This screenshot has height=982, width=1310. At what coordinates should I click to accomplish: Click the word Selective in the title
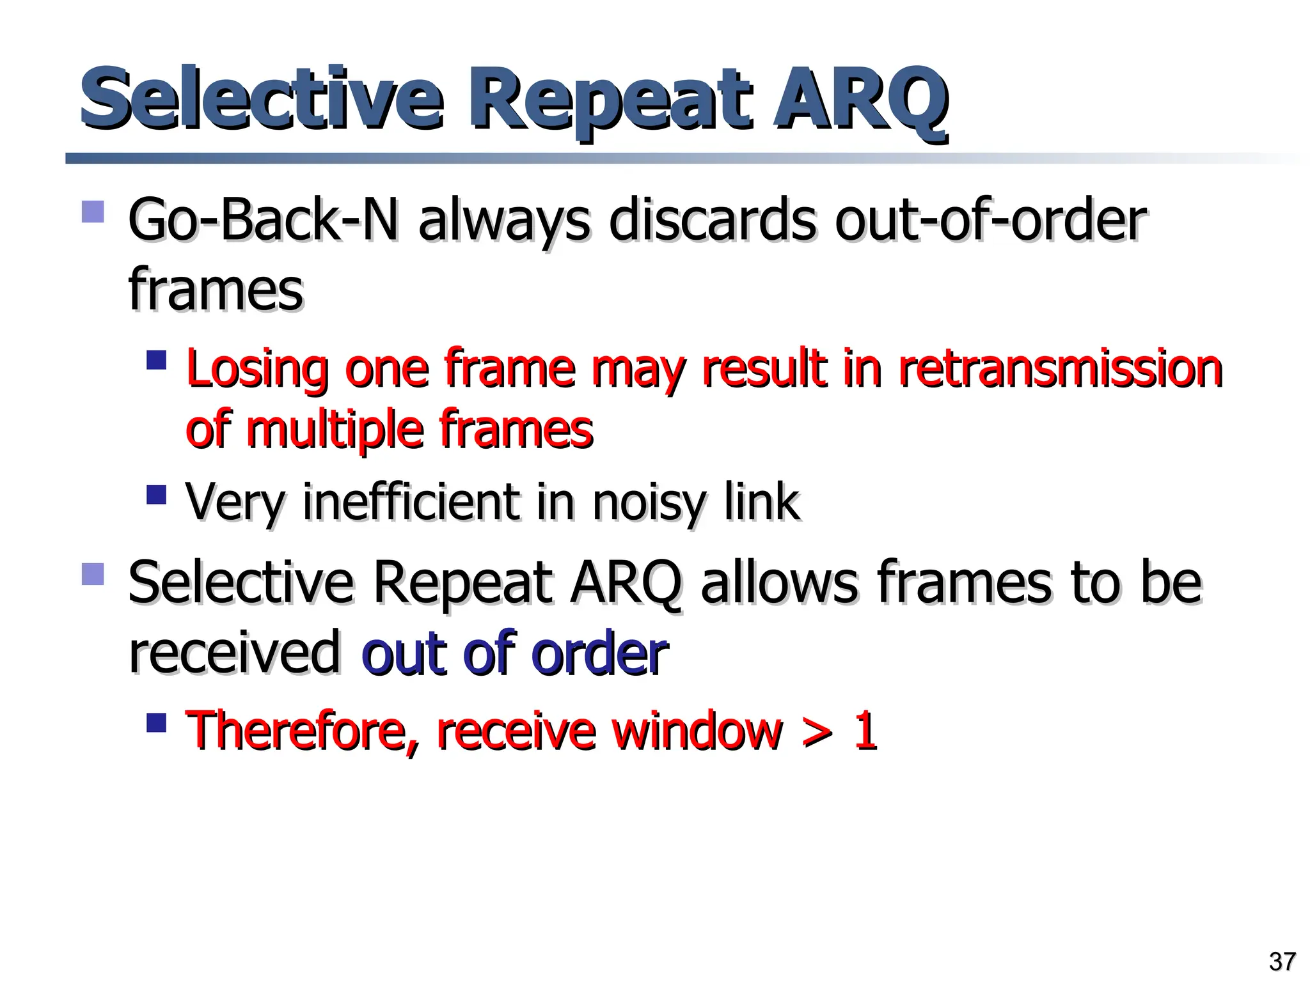point(261,99)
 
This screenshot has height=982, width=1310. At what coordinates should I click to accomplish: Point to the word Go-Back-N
point(263,221)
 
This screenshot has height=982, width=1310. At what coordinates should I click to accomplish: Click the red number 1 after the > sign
point(865,729)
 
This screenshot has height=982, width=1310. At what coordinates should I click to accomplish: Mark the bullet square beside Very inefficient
point(156,495)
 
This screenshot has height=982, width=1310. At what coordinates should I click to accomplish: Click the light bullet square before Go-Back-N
point(93,212)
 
